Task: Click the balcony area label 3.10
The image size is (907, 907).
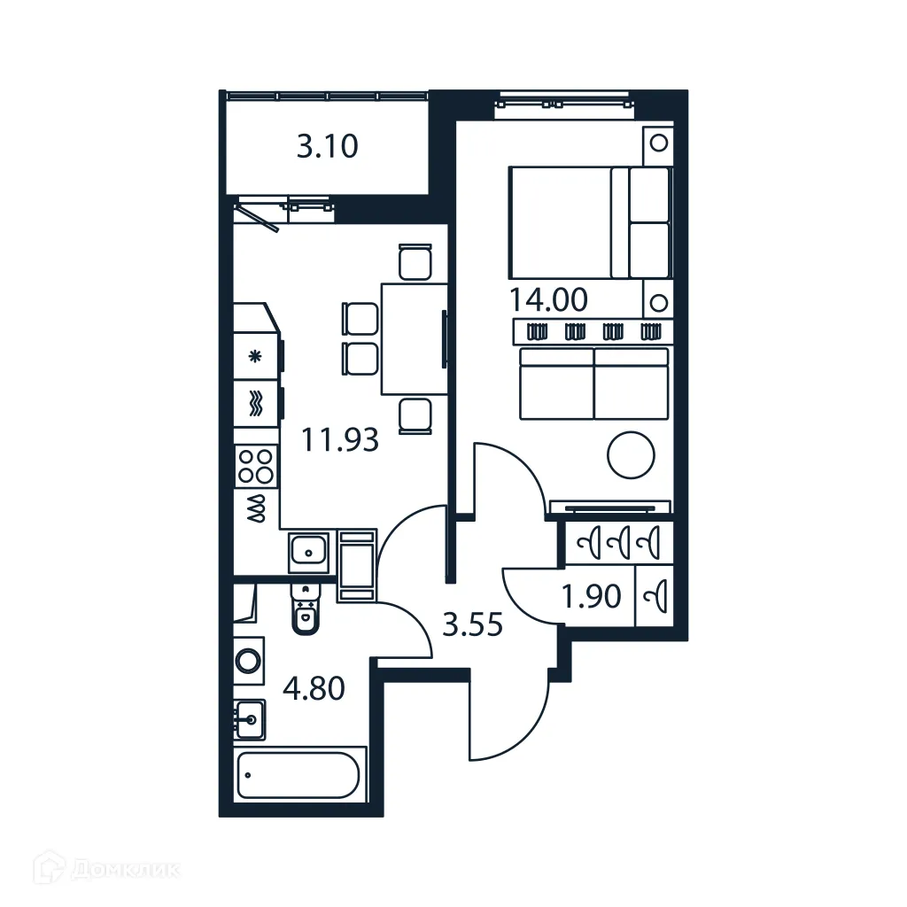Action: pos(327,146)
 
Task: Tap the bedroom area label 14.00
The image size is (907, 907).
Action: pos(548,299)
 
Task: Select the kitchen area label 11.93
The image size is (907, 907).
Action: pos(340,438)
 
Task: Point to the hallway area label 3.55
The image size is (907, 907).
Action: pos(472,625)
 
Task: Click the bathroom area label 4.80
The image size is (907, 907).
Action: pos(314,687)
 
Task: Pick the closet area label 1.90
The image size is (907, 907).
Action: pos(592,597)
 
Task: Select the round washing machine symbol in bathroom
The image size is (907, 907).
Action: pos(249,660)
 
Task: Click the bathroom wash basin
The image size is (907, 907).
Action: pos(251,718)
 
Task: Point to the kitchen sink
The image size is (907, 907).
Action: pos(309,552)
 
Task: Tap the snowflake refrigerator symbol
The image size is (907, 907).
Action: pos(256,357)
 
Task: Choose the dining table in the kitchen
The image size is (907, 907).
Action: pos(413,338)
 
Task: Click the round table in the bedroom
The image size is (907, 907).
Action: pos(631,455)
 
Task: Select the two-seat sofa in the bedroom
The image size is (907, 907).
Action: pos(593,383)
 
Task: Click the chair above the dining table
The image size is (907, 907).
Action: pos(415,262)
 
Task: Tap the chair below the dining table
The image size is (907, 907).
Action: pos(415,415)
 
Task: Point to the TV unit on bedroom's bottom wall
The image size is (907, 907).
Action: pos(609,508)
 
